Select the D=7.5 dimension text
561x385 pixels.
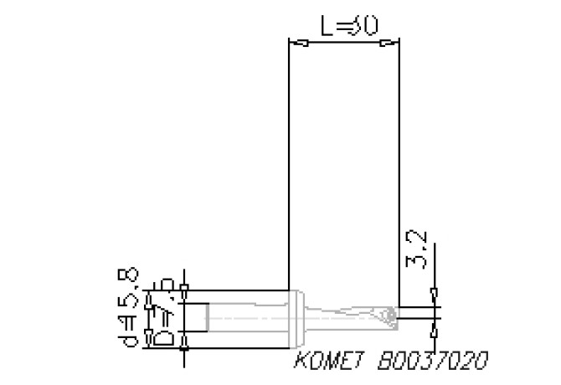164,315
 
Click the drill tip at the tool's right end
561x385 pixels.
391,316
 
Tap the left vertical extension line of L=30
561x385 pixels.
287,167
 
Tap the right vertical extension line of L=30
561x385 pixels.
399,167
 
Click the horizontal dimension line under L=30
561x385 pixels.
343,42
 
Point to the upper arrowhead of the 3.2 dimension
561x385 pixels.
433,294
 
